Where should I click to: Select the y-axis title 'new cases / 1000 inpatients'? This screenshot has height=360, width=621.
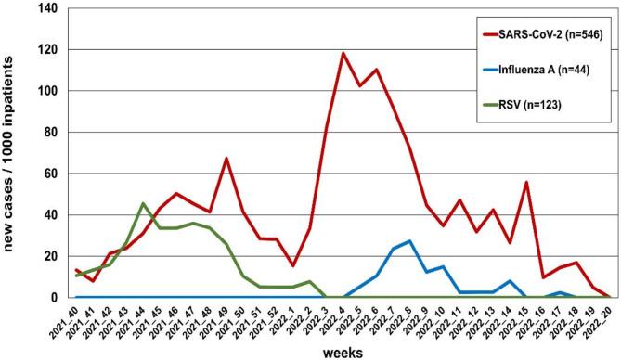pyautogui.click(x=12, y=153)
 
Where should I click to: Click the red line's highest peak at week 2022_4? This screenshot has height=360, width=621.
pyautogui.click(x=343, y=53)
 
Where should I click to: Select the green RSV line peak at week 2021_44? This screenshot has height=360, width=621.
pyautogui.click(x=143, y=203)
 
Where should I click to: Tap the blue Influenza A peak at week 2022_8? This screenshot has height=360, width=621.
pyautogui.click(x=409, y=241)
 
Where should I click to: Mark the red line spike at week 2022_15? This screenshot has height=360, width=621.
pyautogui.click(x=526, y=182)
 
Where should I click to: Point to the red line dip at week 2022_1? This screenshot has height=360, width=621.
pyautogui.click(x=293, y=265)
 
